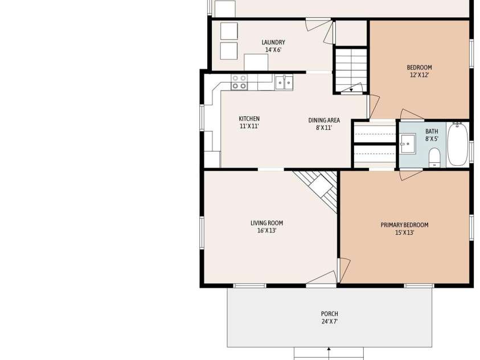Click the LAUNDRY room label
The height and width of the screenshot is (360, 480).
(x=273, y=42)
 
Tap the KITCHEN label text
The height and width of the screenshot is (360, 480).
(x=249, y=118)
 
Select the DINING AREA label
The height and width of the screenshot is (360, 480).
(x=324, y=120)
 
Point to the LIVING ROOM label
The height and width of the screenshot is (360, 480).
(x=266, y=223)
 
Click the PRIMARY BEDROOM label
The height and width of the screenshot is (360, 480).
(x=404, y=225)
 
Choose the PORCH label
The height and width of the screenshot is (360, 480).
(x=329, y=314)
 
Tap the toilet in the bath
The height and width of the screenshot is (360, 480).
(x=434, y=157)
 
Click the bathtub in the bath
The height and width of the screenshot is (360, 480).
(x=458, y=144)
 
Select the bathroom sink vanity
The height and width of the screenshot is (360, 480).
(x=408, y=144)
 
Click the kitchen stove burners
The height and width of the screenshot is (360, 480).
(x=239, y=82)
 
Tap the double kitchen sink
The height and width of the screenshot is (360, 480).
(x=284, y=83)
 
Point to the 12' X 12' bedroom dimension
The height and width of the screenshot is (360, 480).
(x=419, y=75)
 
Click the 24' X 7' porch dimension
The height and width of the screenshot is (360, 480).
(x=329, y=321)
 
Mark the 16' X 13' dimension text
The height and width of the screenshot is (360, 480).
(x=266, y=231)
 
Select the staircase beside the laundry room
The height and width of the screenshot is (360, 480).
(x=351, y=70)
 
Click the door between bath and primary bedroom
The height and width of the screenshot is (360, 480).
(x=411, y=174)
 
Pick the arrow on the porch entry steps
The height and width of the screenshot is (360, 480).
(x=329, y=353)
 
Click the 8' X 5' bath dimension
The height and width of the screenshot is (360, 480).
(x=432, y=138)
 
